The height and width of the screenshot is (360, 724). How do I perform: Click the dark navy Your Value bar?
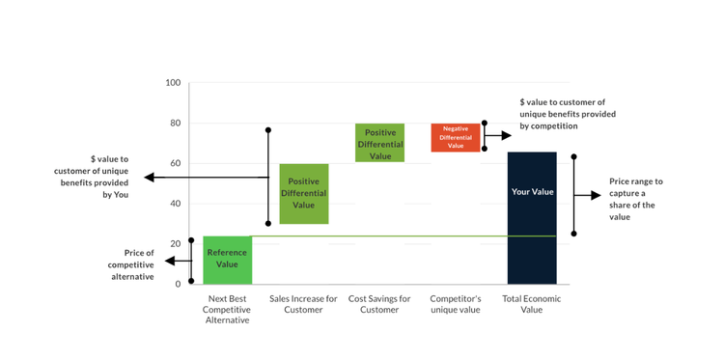[532, 218]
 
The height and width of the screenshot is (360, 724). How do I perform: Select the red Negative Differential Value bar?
[456, 137]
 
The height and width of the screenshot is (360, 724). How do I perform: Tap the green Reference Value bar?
[227, 260]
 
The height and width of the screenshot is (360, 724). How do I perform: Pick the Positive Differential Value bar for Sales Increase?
[303, 193]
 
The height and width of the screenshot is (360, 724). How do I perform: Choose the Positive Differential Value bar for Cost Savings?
[379, 143]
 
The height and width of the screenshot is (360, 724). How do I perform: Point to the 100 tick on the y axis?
[173, 83]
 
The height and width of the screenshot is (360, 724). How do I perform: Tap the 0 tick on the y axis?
[178, 284]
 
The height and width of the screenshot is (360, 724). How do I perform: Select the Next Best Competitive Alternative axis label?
[228, 309]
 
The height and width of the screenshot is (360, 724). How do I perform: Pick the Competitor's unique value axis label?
[455, 304]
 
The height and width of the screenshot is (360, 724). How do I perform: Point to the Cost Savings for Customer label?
[379, 304]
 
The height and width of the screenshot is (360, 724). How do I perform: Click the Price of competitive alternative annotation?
[130, 264]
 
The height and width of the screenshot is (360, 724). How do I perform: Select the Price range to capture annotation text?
[636, 199]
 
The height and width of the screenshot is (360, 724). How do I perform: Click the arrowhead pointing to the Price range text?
[597, 195]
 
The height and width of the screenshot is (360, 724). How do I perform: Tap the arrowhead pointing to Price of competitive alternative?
[170, 261]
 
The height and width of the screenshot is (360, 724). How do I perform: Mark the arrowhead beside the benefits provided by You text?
[149, 177]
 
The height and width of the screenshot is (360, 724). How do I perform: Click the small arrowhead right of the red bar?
[507, 136]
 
